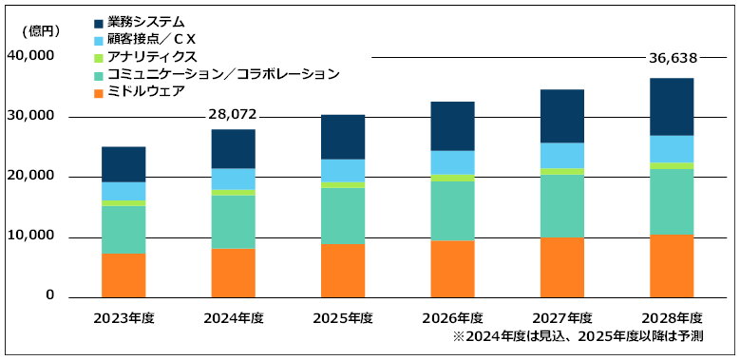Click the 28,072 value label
233,115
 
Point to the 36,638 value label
671,58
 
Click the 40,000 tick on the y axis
31,57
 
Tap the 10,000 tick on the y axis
31,237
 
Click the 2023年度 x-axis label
123,317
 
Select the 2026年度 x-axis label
452,317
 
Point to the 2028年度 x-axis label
671,317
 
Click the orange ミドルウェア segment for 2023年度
123,275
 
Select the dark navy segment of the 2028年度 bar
671,106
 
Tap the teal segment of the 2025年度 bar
343,216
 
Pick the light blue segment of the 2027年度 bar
561,155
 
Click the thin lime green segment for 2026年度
452,178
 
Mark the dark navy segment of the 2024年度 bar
233,148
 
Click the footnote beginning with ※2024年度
581,337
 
